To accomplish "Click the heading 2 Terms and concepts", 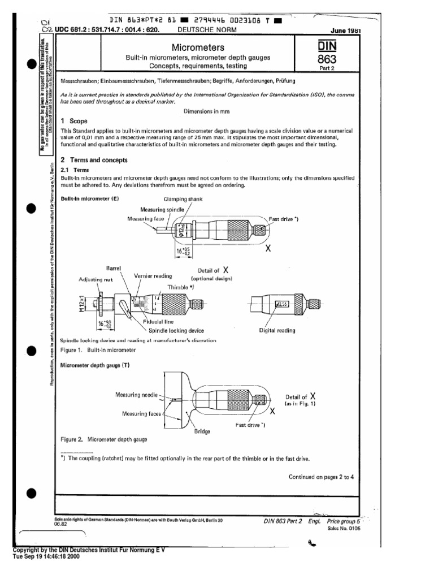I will pos(94,160).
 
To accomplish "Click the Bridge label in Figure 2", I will pos(202,431).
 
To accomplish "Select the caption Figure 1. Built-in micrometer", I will pos(96,351).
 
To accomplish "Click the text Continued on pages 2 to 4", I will pos(321,477).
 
